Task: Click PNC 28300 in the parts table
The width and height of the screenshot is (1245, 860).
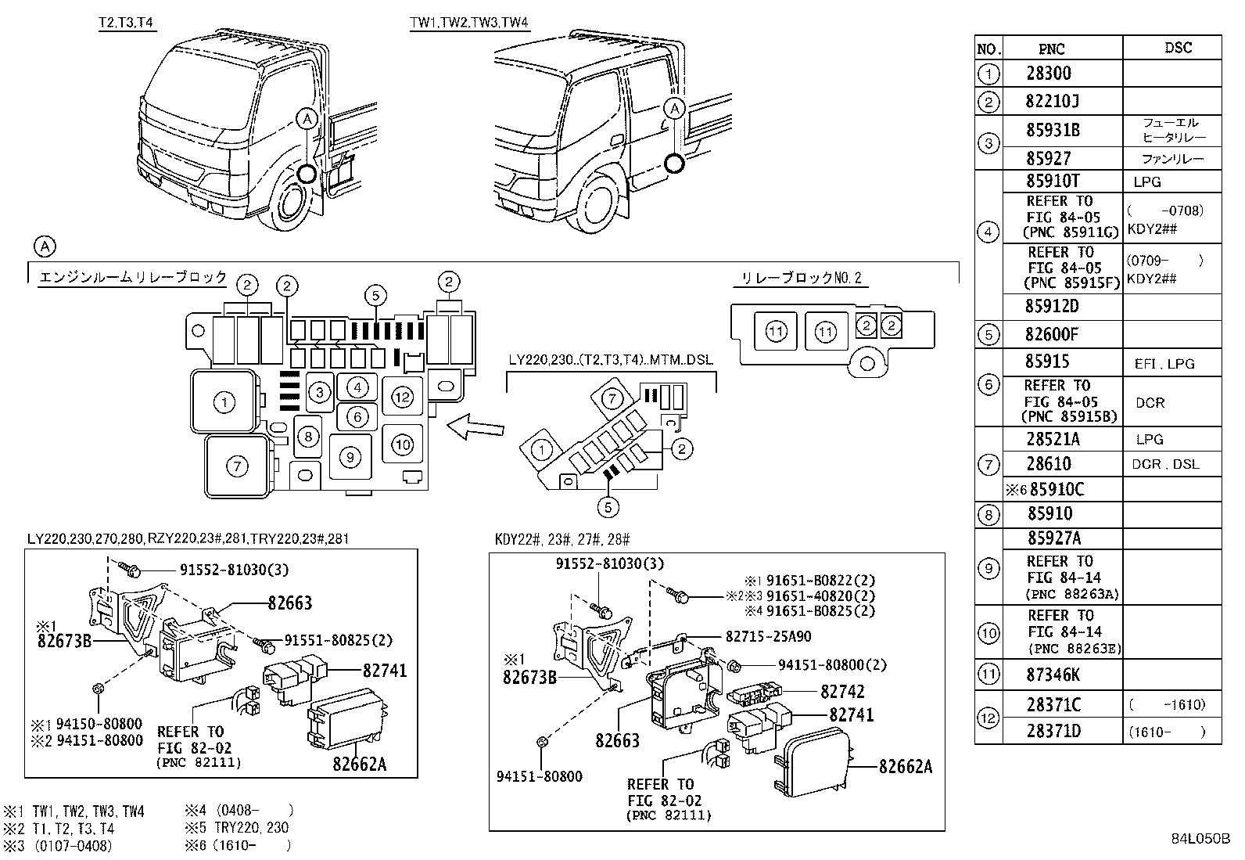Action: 1049,74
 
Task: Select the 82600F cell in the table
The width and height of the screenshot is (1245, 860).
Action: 1051,335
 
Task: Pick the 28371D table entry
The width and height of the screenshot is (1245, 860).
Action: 1053,731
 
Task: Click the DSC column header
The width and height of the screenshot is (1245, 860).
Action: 1178,48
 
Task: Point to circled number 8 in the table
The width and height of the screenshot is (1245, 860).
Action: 988,515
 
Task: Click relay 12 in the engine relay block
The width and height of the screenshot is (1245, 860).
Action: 402,398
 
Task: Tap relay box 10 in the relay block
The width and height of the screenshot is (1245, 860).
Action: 402,445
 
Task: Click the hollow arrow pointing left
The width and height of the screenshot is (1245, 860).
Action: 475,427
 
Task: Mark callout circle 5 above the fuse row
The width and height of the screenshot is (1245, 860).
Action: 375,296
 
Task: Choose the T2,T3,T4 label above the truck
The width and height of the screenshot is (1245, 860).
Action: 127,23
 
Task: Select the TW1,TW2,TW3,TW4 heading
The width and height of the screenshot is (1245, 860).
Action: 469,23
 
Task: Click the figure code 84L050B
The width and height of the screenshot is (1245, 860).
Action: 1200,839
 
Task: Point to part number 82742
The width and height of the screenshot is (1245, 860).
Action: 842,692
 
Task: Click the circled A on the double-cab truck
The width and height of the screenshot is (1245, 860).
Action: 675,108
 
